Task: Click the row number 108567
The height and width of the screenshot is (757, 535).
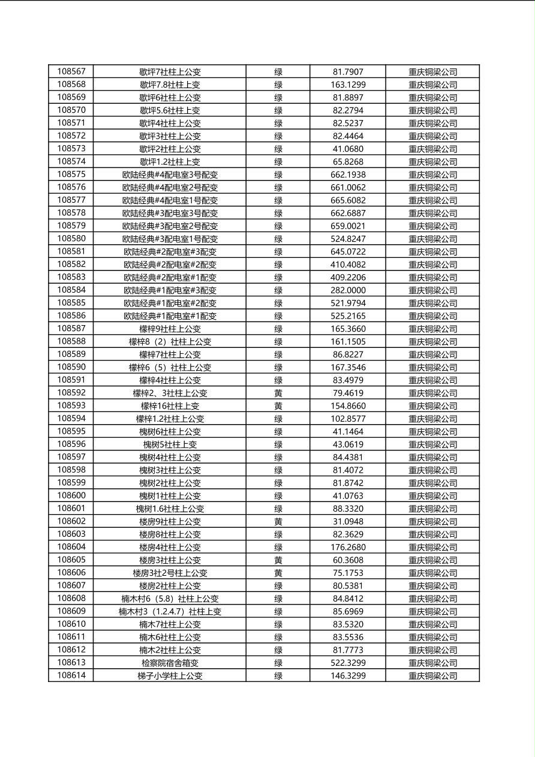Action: tap(71, 71)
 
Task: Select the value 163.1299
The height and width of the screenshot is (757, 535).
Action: tap(348, 85)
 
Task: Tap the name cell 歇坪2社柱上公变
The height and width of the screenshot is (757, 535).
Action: tap(170, 149)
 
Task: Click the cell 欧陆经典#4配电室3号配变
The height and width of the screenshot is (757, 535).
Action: tap(170, 175)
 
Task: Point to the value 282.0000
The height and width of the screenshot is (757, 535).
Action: tap(348, 290)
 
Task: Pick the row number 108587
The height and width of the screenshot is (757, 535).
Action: tap(71, 329)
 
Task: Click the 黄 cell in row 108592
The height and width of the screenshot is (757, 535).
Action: tap(278, 393)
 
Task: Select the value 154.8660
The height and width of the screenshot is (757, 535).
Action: tap(348, 406)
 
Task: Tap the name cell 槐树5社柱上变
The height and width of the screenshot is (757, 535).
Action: tap(170, 444)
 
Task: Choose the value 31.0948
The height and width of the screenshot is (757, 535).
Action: tap(348, 521)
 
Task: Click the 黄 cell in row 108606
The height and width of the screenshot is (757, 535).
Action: tap(278, 573)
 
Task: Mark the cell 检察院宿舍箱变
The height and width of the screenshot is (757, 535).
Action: tap(170, 663)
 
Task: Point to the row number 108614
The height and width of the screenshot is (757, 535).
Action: tap(71, 675)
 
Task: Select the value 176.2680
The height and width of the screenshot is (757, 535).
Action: tap(348, 547)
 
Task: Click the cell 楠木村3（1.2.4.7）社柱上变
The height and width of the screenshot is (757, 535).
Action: tap(170, 611)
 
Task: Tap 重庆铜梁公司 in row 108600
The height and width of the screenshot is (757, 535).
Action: tap(432, 496)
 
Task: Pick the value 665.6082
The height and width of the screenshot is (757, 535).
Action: tap(348, 200)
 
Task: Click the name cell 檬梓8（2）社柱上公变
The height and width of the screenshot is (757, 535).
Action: tap(170, 342)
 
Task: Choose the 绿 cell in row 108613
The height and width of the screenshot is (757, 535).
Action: tap(278, 663)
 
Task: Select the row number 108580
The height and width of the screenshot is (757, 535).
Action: tap(71, 239)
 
